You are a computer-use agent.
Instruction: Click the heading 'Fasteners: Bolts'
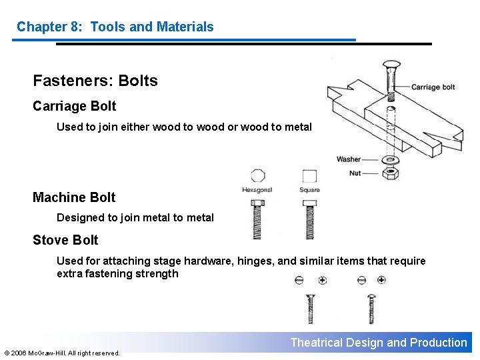[x=95, y=81]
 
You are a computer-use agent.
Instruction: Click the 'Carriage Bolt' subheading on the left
[x=74, y=106]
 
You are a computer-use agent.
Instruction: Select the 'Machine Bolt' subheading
[x=74, y=197]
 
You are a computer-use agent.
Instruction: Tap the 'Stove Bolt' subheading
[x=65, y=240]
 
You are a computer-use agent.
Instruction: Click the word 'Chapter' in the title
[x=41, y=27]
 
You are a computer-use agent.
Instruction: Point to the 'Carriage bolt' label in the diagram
[x=433, y=87]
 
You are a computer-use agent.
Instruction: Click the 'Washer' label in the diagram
[x=349, y=159]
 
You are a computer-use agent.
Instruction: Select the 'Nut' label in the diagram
[x=355, y=173]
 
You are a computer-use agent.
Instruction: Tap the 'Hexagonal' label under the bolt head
[x=257, y=190]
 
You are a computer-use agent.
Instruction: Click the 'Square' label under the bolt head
[x=309, y=190]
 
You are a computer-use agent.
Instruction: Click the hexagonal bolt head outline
[x=258, y=176]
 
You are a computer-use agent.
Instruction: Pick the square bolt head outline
[x=309, y=176]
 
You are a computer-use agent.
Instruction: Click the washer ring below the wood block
[x=391, y=160]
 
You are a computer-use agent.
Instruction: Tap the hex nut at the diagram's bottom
[x=391, y=173]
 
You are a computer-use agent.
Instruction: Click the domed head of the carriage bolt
[x=390, y=65]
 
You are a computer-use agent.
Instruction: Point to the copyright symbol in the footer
[x=7, y=353]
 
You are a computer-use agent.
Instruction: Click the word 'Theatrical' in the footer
[x=316, y=343]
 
